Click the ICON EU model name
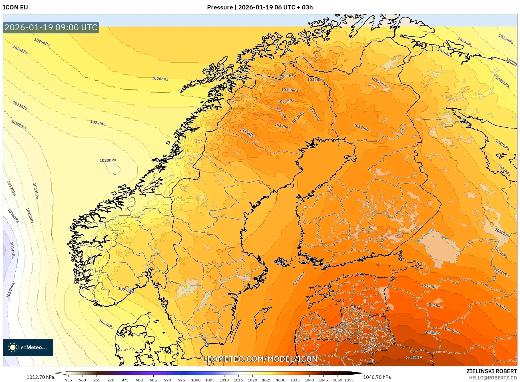click(15, 7)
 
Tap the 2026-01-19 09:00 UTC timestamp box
click(51, 27)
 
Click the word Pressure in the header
click(220, 7)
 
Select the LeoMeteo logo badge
click(28, 347)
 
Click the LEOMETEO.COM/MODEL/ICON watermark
click(260, 359)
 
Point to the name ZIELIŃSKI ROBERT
click(491, 371)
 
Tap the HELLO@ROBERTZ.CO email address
click(493, 378)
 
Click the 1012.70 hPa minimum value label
click(40, 377)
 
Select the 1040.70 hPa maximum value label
click(377, 377)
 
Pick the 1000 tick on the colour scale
click(196, 380)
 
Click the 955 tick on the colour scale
click(69, 380)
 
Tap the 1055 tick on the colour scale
click(349, 380)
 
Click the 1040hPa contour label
click(415, 357)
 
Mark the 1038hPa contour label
click(432, 333)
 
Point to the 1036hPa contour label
click(434, 305)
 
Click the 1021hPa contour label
click(20, 106)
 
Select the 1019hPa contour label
click(36, 191)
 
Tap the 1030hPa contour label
click(502, 233)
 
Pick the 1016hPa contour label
click(13, 216)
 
